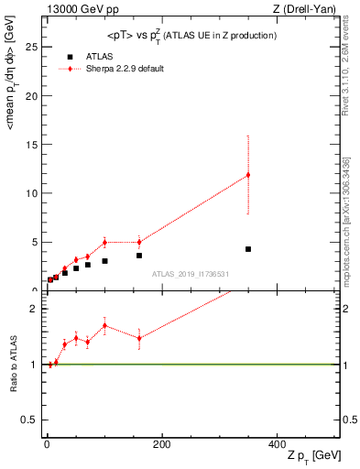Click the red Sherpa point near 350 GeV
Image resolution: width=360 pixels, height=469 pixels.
click(x=247, y=175)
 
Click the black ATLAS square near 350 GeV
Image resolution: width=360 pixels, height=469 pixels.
click(x=247, y=249)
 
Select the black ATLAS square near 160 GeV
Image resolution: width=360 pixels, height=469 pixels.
click(x=139, y=256)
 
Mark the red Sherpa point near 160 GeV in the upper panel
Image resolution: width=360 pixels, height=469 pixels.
click(x=139, y=242)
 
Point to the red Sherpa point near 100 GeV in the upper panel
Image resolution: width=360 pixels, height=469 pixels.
click(x=104, y=243)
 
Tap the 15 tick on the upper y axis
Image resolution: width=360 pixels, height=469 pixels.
click(x=35, y=144)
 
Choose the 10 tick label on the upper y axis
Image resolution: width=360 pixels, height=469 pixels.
click(x=35, y=193)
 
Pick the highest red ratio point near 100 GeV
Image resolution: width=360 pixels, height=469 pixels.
click(x=104, y=325)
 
